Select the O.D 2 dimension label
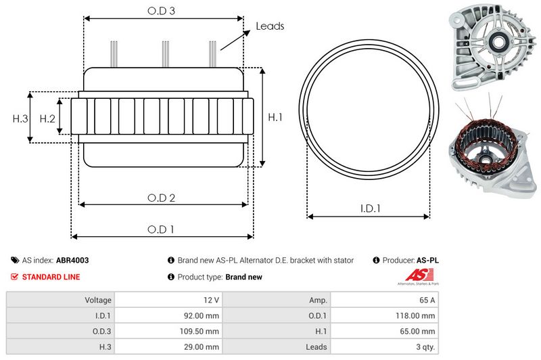(162, 198)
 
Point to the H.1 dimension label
(275, 117)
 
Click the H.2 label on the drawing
(47, 118)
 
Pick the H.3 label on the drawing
(20, 118)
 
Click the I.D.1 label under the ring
(369, 209)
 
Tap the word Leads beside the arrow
(270, 26)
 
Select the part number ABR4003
(72, 260)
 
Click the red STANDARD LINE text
(51, 277)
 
